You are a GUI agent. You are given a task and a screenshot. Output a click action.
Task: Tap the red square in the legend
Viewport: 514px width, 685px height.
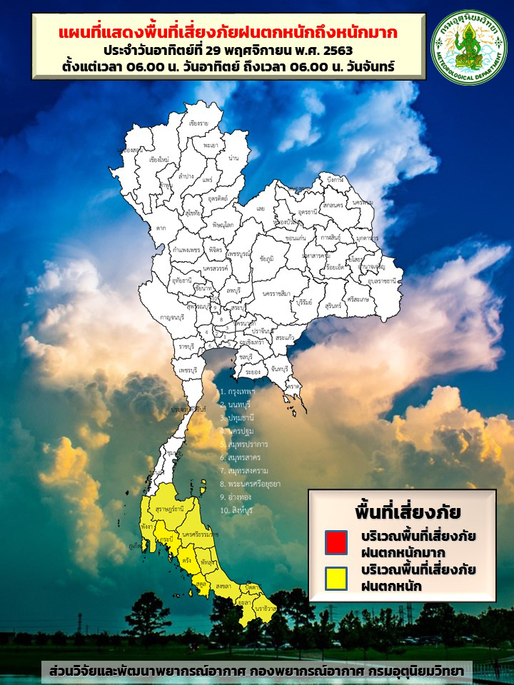tap(336, 542)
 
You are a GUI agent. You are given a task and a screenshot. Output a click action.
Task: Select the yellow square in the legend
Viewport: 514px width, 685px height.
tap(336, 578)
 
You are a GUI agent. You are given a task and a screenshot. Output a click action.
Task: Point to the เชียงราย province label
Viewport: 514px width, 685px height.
tap(198, 123)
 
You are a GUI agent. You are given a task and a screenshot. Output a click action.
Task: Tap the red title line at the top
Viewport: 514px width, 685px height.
tap(228, 33)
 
